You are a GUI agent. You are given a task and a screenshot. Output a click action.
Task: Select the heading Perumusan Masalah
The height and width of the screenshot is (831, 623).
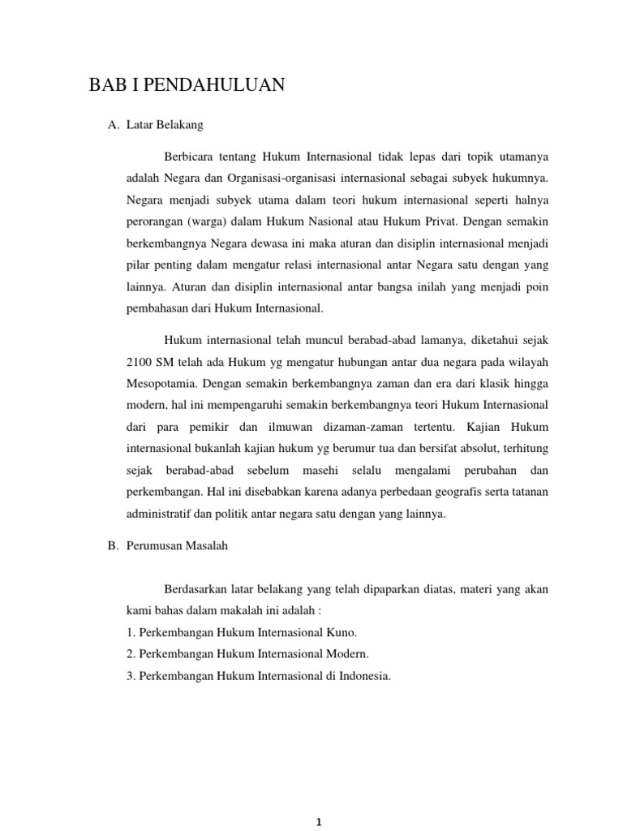[x=178, y=546]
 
